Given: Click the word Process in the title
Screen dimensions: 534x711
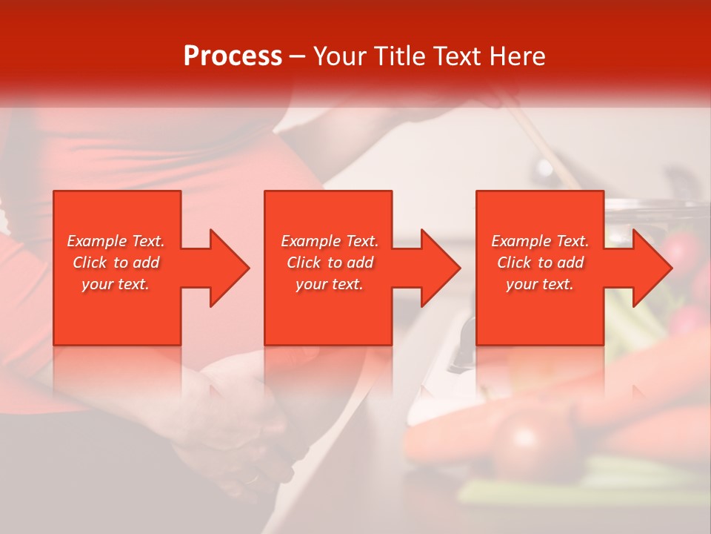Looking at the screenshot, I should [x=233, y=56].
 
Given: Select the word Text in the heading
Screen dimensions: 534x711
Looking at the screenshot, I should [x=458, y=56].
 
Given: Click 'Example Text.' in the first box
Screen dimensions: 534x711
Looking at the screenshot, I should [x=116, y=241].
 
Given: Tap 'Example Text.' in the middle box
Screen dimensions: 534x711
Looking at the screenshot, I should [x=330, y=241].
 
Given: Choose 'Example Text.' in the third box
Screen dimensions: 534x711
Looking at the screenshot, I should [x=540, y=241].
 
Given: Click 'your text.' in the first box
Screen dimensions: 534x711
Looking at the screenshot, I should [x=116, y=284].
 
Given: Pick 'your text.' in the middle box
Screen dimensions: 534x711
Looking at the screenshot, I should [x=330, y=284].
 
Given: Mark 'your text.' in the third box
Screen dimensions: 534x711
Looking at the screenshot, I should [x=540, y=284].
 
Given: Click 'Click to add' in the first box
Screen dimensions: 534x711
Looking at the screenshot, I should [x=116, y=263].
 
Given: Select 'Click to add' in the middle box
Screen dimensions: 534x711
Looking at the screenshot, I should [x=330, y=263].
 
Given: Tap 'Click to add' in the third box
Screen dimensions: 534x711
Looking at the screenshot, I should [x=540, y=263].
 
